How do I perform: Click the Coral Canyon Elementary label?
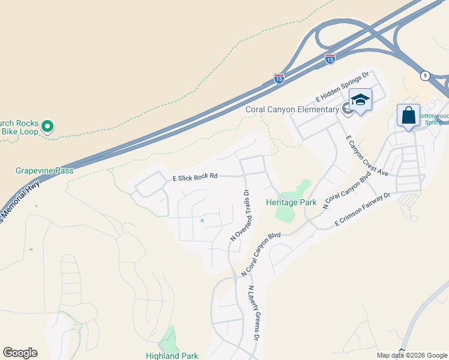(x=292, y=109)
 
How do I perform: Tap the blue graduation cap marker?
(x=360, y=100)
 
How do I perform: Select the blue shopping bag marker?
(x=408, y=115)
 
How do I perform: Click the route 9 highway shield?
(x=425, y=75)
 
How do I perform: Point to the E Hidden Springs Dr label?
(x=342, y=88)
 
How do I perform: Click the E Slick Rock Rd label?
(x=194, y=177)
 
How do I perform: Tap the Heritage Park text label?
(x=292, y=203)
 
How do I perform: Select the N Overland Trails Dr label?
(x=240, y=216)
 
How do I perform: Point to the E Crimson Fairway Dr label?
(x=363, y=210)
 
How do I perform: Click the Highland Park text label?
(x=172, y=356)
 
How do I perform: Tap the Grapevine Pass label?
(x=44, y=170)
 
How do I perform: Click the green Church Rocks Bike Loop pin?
(x=49, y=127)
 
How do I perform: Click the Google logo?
(x=20, y=353)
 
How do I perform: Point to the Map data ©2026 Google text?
(x=412, y=355)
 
